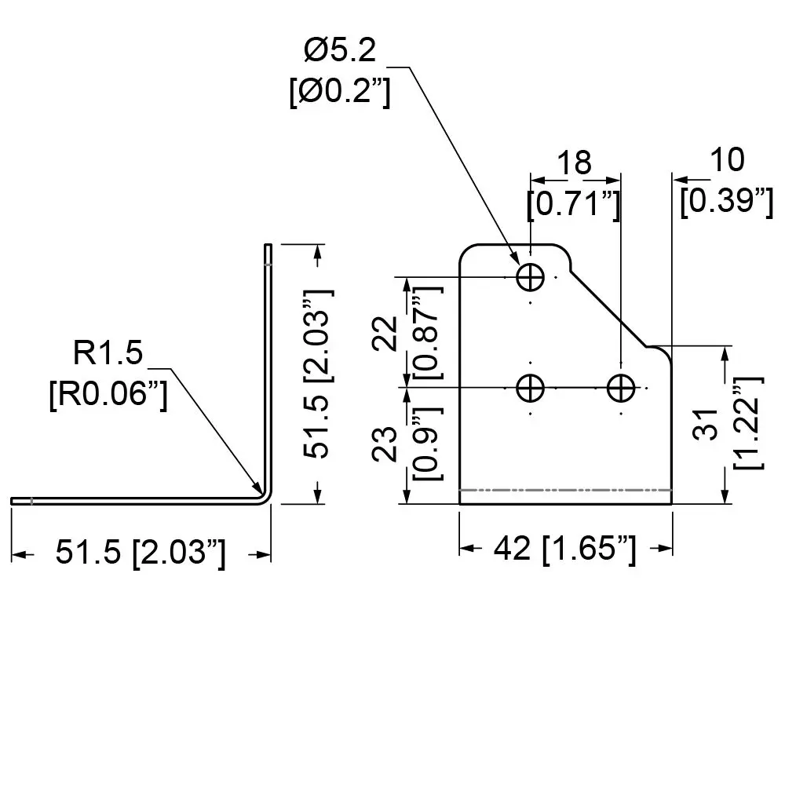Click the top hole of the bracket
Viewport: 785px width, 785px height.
[531, 276]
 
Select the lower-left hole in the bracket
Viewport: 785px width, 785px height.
[531, 388]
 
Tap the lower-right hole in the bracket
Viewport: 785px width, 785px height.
[621, 388]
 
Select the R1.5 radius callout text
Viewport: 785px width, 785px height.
[108, 354]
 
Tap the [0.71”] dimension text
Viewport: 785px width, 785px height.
[575, 203]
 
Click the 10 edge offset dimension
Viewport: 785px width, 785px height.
[726, 159]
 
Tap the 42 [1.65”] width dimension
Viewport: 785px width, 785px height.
[565, 549]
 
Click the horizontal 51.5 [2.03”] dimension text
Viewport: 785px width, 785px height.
[141, 553]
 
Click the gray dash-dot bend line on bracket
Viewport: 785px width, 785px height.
[565, 490]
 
